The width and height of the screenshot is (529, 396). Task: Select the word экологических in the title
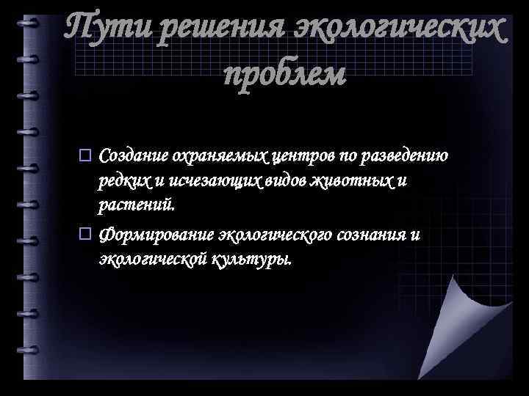point(400,30)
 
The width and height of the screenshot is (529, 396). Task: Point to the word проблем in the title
point(284,73)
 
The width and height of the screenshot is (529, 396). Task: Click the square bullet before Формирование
point(84,235)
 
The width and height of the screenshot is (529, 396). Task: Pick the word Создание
point(134,156)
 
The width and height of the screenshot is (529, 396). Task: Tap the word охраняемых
point(220,156)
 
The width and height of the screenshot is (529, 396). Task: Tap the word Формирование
point(156,235)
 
